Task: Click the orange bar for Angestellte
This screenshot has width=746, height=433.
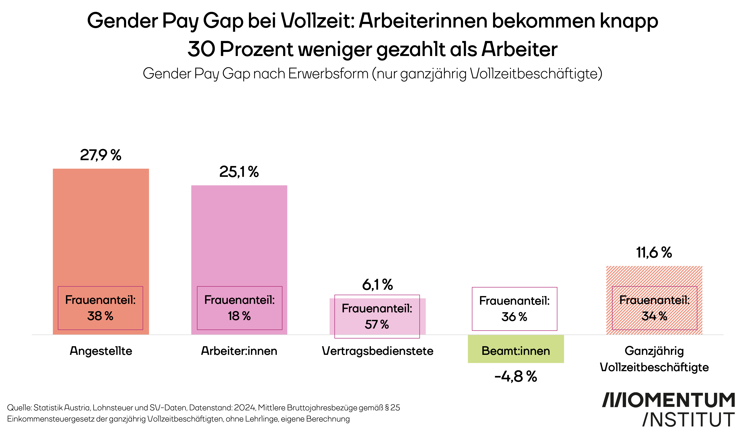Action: point(101,225)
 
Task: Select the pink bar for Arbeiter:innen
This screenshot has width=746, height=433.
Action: point(239,234)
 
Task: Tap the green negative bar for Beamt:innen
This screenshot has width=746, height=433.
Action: point(516,349)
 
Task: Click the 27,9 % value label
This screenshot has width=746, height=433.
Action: point(101,155)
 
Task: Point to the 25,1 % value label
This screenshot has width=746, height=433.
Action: point(239,172)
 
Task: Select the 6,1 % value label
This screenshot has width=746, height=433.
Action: point(377,285)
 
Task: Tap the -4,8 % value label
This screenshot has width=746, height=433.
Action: point(516,377)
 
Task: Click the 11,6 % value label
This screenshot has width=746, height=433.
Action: point(654,253)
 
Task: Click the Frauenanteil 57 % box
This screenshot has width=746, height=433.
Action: point(377,316)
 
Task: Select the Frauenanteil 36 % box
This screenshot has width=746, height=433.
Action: point(515,309)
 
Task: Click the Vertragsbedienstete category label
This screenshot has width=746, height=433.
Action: point(377,351)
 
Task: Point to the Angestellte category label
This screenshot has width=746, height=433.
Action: point(101,351)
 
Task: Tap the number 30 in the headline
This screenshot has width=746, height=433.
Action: point(201,49)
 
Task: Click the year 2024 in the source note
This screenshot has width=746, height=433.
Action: point(244,408)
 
